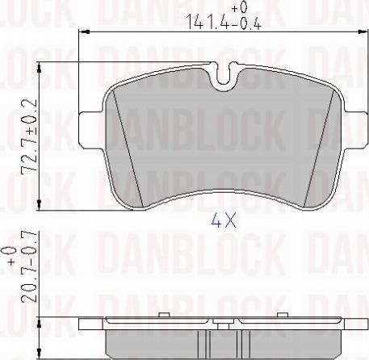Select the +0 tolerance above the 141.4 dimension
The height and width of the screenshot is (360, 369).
(237, 7)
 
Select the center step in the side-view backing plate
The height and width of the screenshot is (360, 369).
(222, 324)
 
